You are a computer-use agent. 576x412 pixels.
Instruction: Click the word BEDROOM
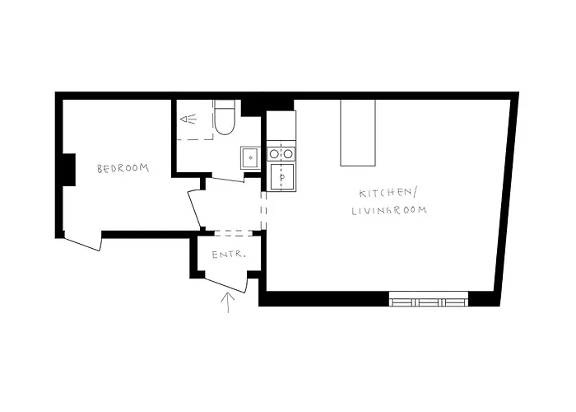tap(123, 169)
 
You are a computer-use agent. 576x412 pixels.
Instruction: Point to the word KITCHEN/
tap(388, 194)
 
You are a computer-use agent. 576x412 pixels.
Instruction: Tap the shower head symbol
tap(189, 119)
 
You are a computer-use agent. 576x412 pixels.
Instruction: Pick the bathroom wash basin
tap(249, 156)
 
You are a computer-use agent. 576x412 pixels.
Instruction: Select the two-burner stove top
tap(281, 152)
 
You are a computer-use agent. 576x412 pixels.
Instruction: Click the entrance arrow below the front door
tap(228, 302)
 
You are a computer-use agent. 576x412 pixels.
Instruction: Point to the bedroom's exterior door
tap(82, 243)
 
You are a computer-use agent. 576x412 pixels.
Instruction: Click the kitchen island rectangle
tap(358, 132)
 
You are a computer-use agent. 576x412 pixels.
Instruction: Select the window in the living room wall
tap(429, 299)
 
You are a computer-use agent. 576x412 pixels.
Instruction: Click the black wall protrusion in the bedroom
tap(68, 170)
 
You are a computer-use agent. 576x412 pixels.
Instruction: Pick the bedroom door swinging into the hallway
tap(194, 210)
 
